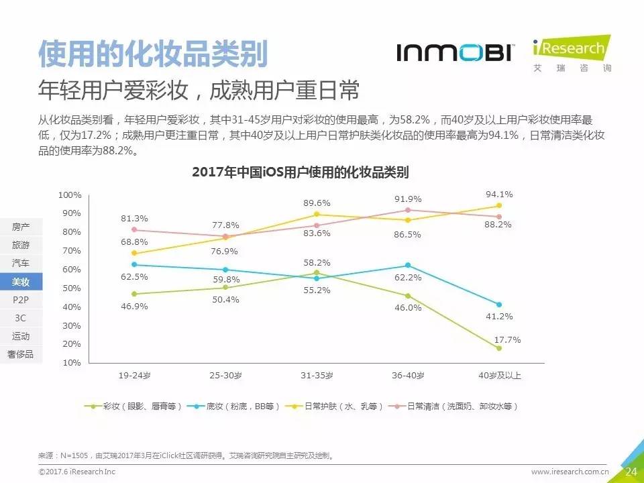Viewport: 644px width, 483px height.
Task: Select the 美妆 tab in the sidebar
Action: (x=21, y=282)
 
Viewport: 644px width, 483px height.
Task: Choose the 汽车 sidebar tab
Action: (x=21, y=264)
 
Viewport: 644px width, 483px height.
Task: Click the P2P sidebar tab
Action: (x=21, y=300)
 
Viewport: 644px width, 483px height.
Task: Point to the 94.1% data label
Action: (x=499, y=195)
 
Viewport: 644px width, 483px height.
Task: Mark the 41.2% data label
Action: (x=499, y=316)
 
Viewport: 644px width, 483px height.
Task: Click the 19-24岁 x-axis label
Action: (x=133, y=376)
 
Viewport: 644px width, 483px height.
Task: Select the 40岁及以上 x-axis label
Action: (x=499, y=376)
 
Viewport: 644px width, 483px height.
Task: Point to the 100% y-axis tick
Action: (x=70, y=195)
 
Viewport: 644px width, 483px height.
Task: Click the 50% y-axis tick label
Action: (x=72, y=288)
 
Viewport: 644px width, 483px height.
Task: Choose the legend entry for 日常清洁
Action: (x=456, y=407)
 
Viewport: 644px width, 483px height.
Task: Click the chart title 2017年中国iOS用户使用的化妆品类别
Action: (x=300, y=172)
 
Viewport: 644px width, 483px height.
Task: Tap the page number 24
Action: (x=631, y=472)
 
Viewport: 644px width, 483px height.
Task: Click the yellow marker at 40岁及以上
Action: (x=499, y=206)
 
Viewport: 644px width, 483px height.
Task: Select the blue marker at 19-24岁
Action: (x=134, y=264)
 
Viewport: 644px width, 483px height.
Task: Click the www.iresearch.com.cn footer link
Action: (x=570, y=472)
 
